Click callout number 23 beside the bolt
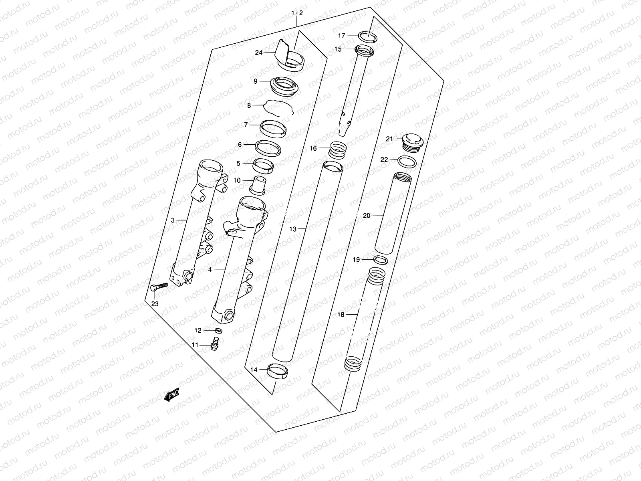point(155,304)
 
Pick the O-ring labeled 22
point(407,162)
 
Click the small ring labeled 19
point(380,260)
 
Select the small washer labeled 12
point(219,331)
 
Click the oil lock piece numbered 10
point(259,184)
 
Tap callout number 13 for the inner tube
point(293,229)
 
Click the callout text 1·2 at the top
point(297,13)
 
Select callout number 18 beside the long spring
point(341,315)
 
